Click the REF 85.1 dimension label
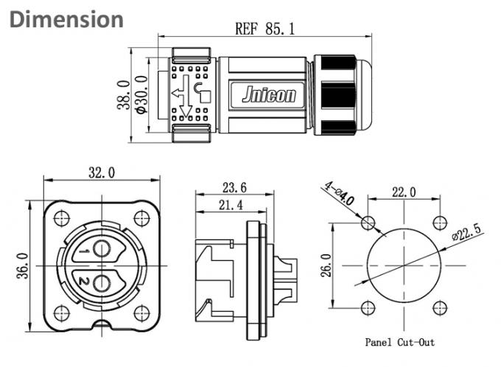coord(264,29)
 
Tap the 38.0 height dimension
coord(124,95)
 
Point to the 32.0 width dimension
coord(102,173)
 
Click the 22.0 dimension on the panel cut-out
coord(403,192)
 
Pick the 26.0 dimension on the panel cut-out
coord(326,265)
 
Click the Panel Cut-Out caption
coord(400,342)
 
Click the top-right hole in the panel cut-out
coord(440,223)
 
